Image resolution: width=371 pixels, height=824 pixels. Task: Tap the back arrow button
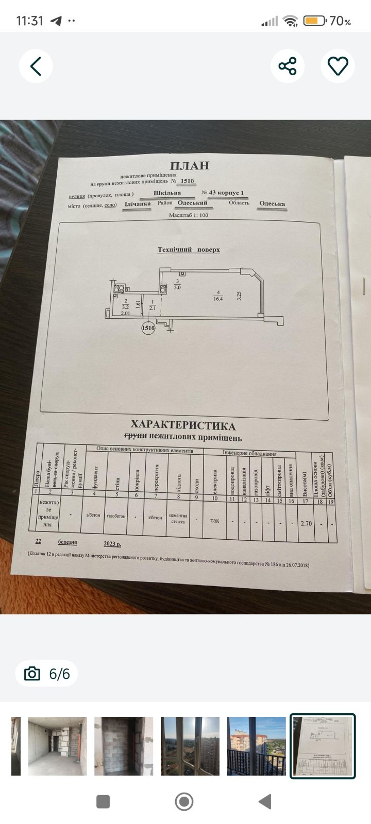[x=36, y=66]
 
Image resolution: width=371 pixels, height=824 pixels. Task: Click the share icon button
[x=288, y=66]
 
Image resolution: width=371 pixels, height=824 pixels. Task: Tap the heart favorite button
[x=338, y=66]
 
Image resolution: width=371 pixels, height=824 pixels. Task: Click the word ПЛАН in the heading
[x=190, y=165]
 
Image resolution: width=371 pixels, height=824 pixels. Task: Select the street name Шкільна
[x=167, y=193]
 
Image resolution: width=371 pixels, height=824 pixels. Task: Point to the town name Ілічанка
[x=138, y=204]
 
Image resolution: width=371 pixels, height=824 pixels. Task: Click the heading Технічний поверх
[x=189, y=250]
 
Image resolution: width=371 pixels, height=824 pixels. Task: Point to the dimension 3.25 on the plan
[x=239, y=296]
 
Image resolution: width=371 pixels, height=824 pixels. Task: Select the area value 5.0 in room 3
[x=177, y=287]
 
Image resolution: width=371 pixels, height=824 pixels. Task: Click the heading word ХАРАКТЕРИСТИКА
[x=183, y=425]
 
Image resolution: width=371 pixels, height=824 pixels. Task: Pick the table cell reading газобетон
[x=116, y=516]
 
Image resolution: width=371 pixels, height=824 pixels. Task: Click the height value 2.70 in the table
[x=306, y=523]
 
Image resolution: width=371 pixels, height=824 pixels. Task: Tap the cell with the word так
[x=215, y=520]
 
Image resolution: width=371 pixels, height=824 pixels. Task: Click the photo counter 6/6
[x=59, y=674]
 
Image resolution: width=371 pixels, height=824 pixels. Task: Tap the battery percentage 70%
[x=341, y=21]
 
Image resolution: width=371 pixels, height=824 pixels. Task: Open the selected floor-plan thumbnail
[x=323, y=746]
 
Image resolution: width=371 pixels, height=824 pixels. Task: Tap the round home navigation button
[x=184, y=801]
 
